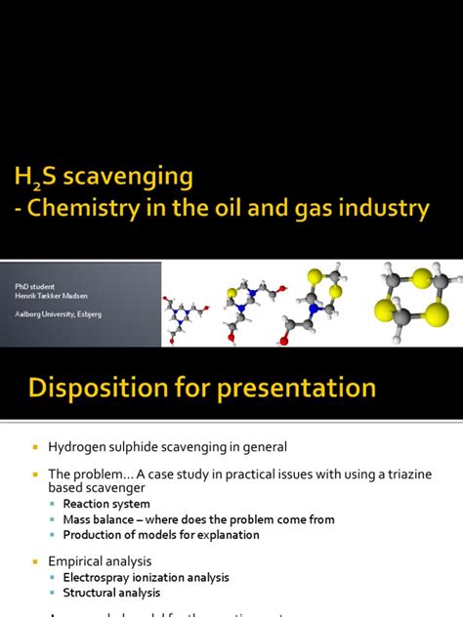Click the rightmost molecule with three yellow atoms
411,294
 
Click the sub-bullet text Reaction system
106,504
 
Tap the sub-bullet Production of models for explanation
161,535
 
